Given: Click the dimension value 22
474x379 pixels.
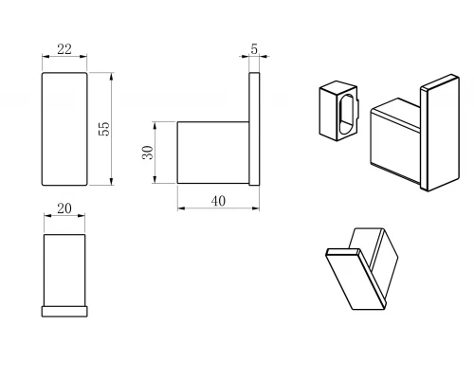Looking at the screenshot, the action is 64,49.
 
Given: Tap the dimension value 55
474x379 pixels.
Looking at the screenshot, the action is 104,129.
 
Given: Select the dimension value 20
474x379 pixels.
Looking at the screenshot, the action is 64,208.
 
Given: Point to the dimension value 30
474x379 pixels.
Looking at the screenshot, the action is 148,153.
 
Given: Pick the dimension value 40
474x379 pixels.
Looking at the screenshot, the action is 218,201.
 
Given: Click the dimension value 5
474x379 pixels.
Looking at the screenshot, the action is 254,49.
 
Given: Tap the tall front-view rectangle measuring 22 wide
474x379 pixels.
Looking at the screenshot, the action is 64,129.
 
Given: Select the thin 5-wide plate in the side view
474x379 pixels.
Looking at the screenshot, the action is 254,129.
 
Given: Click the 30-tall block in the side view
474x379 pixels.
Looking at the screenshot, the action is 213,153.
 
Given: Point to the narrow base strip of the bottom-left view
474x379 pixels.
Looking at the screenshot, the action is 64,311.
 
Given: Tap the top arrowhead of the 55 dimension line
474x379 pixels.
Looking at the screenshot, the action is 111,76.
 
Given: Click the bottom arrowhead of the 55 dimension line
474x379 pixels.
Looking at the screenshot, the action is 111,182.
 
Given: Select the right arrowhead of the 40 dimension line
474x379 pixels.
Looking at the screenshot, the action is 256,208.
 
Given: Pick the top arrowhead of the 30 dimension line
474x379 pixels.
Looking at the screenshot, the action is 155,125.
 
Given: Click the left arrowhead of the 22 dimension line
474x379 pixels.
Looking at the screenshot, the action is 46,57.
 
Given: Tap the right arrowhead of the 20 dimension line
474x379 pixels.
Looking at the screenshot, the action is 82,216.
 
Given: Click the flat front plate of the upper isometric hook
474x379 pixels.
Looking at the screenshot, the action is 440,133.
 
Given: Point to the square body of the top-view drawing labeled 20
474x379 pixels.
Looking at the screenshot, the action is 64,270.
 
